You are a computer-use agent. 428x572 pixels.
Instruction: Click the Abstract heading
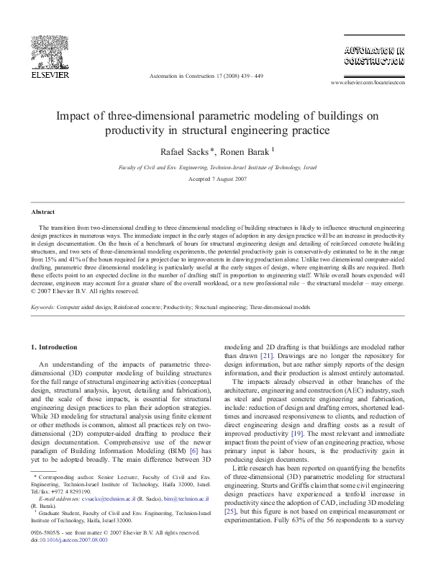[x=41, y=213]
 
